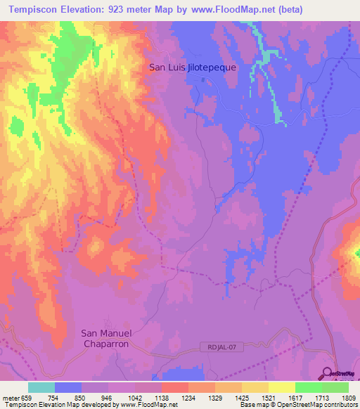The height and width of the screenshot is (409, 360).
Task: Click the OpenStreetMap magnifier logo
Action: click(x=327, y=373)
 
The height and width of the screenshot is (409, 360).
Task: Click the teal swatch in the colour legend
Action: click(x=41, y=387)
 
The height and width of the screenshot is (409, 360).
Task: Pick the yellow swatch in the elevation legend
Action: click(x=281, y=387)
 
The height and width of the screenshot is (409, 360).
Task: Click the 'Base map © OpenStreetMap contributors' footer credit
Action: click(x=298, y=405)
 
